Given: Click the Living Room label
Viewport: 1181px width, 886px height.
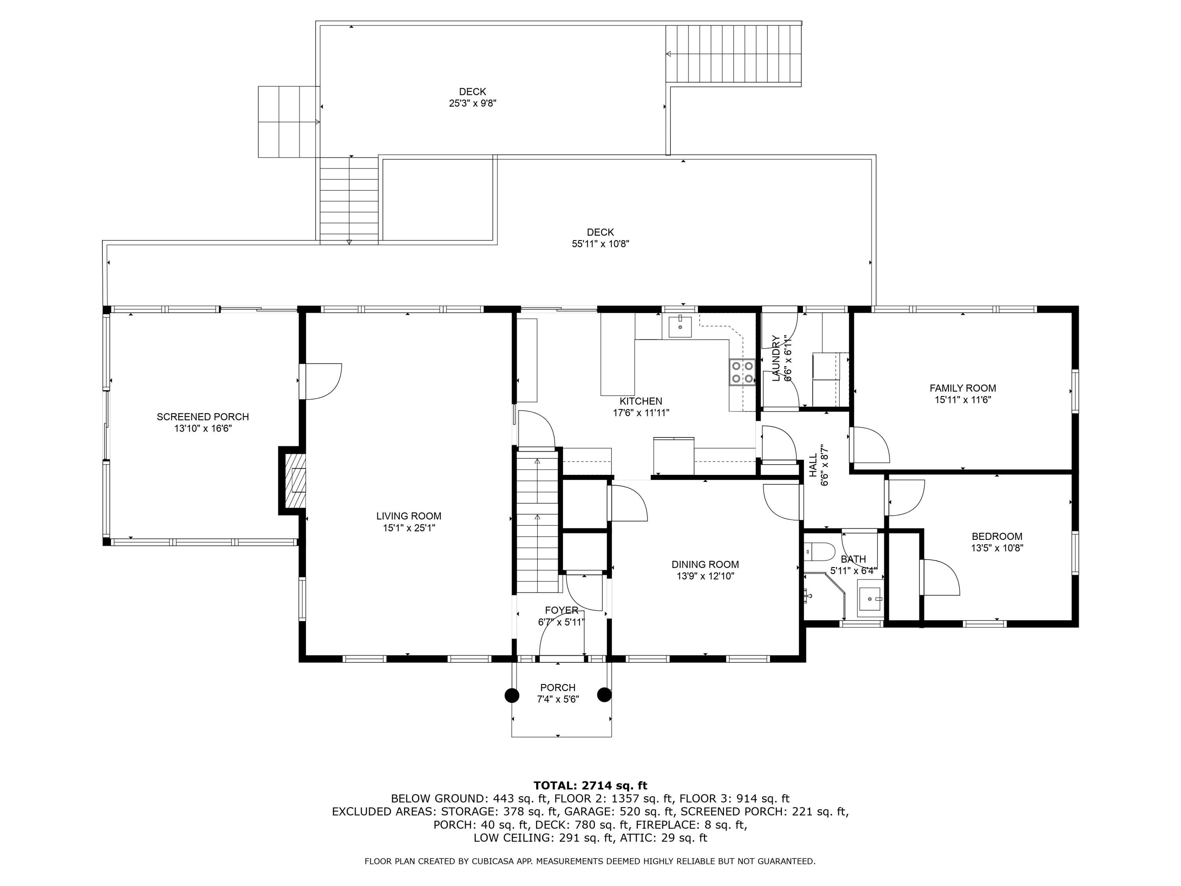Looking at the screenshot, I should coord(409,516).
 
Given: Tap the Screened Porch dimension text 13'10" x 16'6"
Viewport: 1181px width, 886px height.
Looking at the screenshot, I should coord(202,428).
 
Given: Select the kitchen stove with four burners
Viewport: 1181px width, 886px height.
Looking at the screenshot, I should coord(742,372).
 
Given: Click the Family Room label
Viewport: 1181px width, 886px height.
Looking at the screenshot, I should coord(962,388).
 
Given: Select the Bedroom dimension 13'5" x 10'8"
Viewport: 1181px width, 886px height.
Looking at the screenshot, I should coord(997,547).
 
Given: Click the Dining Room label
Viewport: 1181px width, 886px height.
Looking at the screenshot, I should coord(705,565).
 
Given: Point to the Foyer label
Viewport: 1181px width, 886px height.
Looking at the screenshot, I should coord(561,610).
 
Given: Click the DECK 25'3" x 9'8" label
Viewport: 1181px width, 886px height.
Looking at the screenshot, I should coord(472,92).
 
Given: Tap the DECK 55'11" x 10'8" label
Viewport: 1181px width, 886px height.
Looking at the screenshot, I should coord(600,232).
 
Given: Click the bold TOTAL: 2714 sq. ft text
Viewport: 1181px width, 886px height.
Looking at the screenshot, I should coord(590,786).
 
